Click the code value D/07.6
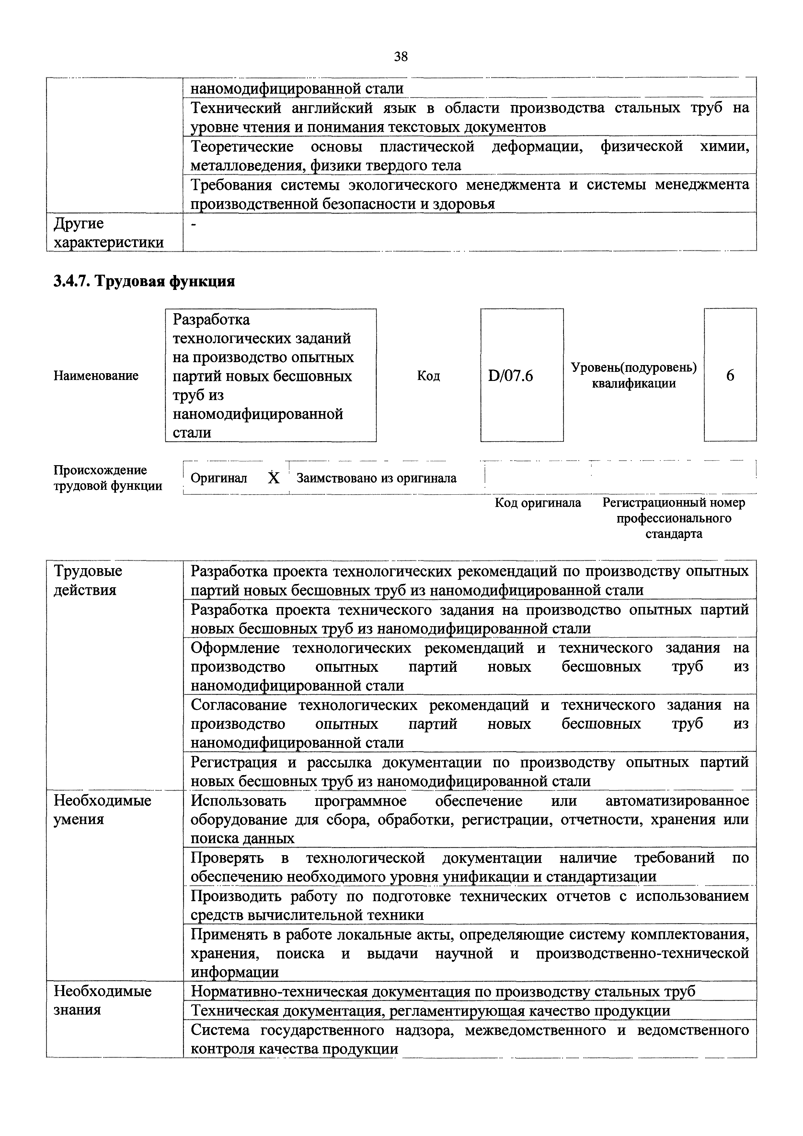[x=510, y=376]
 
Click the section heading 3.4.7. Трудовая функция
[x=144, y=281]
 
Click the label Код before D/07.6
[x=429, y=376]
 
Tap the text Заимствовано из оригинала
[x=376, y=478]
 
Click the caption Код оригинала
[x=538, y=503]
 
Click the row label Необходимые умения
[x=102, y=809]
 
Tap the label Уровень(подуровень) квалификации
[x=633, y=375]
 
